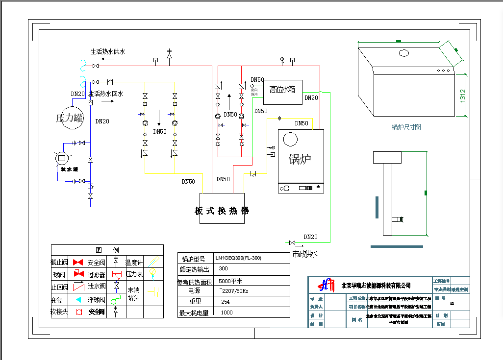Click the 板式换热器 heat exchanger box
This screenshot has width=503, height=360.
(x=222, y=211)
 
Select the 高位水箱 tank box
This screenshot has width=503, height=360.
(x=282, y=91)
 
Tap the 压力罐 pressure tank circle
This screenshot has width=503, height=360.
(x=70, y=118)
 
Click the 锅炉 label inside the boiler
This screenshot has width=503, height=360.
(x=300, y=159)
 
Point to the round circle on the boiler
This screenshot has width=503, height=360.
(x=290, y=140)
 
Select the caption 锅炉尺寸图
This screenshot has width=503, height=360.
(x=406, y=127)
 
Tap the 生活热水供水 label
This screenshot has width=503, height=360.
(x=107, y=51)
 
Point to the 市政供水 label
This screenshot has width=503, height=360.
(x=305, y=254)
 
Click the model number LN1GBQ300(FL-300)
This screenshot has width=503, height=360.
(x=238, y=258)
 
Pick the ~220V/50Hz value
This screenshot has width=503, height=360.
(x=234, y=291)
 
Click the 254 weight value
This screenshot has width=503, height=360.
(x=226, y=302)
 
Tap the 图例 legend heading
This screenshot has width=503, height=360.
(x=107, y=250)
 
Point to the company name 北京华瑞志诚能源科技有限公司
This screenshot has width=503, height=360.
(x=376, y=286)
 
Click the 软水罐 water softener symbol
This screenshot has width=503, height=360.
(x=62, y=158)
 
